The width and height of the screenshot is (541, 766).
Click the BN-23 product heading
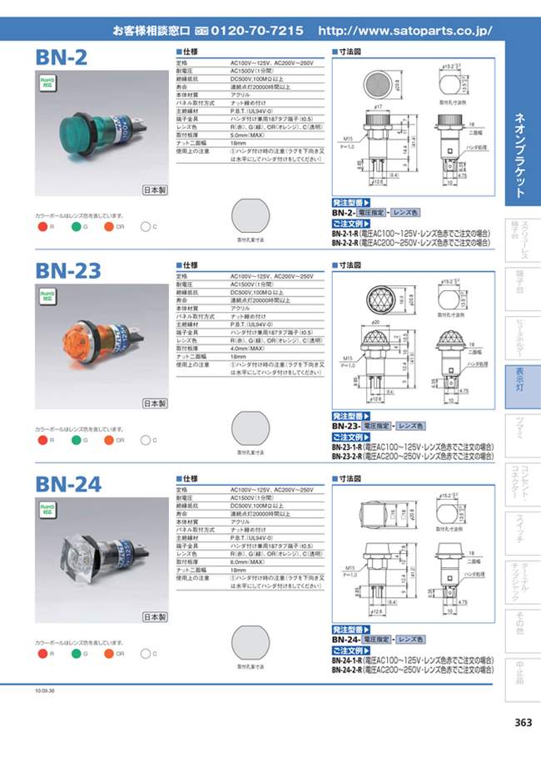[x=68, y=271]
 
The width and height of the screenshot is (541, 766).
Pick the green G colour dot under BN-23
[x=75, y=439]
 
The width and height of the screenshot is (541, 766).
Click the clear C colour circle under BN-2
[x=144, y=226]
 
